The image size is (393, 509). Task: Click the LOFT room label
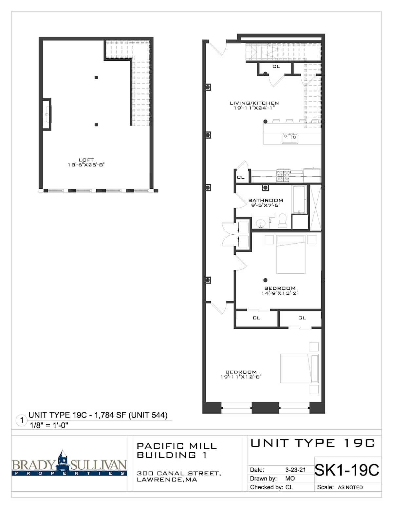[86, 160]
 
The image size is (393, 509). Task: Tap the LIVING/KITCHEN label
[254, 103]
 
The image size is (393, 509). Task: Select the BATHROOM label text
[266, 200]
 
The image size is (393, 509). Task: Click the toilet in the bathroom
[283, 221]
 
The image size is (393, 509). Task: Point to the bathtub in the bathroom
[299, 200]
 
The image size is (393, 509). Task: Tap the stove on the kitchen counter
[284, 175]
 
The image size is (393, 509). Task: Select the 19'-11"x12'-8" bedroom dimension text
[241, 377]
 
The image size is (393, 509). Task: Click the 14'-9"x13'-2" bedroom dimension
[280, 293]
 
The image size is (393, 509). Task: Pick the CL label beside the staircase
[276, 67]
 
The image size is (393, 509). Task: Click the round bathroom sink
[260, 224]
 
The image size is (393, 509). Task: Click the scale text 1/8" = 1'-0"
[49, 425]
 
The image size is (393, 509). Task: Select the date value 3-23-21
[295, 470]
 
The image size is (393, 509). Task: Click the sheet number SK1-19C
[346, 470]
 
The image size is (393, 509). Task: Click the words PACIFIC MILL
[177, 446]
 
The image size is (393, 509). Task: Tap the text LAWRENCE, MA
[167, 480]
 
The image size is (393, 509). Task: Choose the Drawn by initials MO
[290, 479]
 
